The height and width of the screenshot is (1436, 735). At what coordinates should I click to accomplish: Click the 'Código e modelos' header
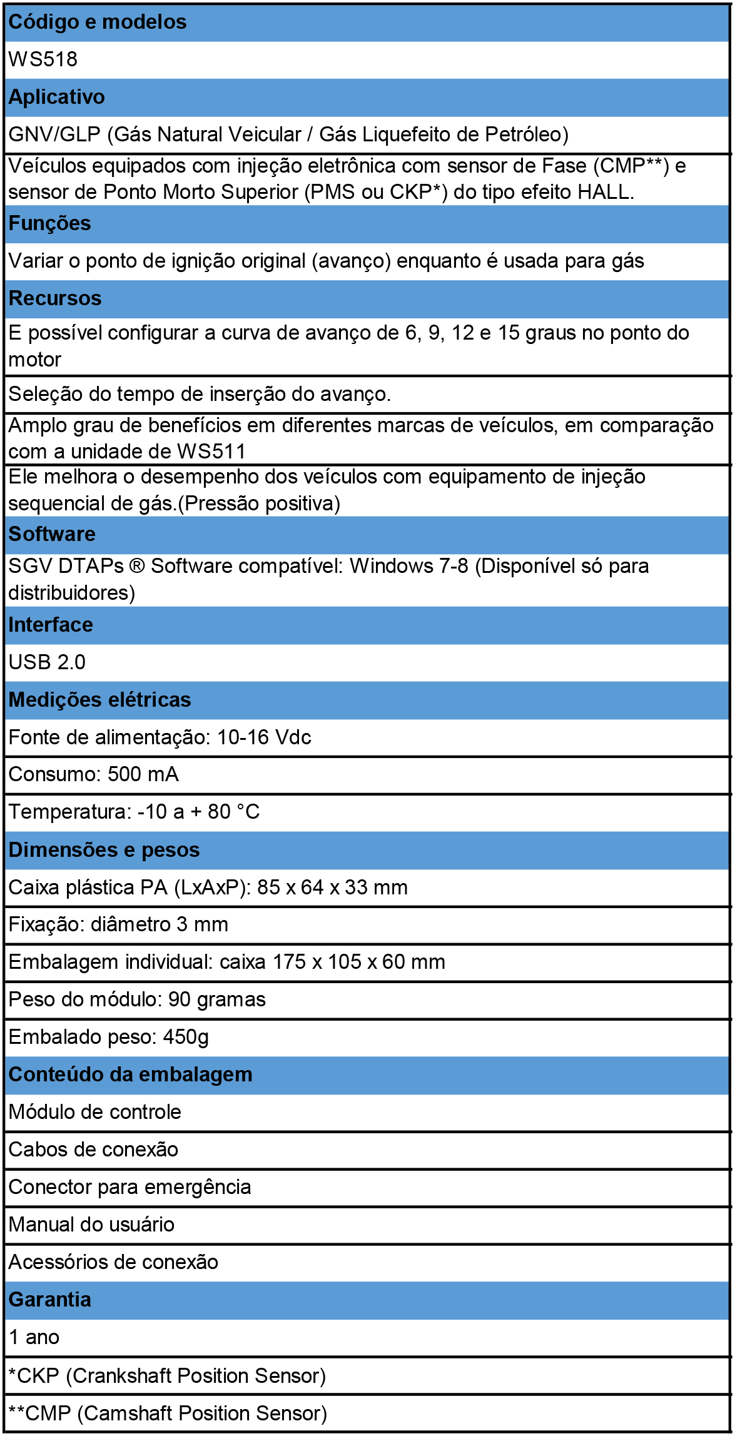(x=98, y=23)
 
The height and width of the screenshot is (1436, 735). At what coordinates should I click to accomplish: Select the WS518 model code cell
(x=43, y=59)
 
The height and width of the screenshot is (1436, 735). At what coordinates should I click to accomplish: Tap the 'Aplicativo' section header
(x=56, y=98)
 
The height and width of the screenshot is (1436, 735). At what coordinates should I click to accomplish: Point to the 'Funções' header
(x=49, y=223)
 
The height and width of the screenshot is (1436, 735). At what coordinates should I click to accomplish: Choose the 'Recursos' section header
(x=55, y=298)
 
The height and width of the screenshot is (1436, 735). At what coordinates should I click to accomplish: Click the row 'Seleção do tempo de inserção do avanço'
(x=199, y=394)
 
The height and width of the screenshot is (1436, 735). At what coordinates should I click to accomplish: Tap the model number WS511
(x=211, y=452)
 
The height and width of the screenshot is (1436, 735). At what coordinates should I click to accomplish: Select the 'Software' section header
(x=52, y=534)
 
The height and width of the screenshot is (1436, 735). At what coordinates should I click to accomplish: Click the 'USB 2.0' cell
(x=47, y=662)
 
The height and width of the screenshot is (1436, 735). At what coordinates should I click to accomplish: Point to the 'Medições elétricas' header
(x=99, y=700)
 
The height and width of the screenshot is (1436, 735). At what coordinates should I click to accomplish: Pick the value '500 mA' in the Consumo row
(x=143, y=774)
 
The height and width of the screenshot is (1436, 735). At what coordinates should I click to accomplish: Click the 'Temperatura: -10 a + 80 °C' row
(x=134, y=812)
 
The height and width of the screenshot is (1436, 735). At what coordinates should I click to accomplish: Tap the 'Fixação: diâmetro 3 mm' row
(x=118, y=924)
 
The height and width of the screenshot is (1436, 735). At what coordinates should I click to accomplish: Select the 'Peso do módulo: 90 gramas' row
(x=137, y=999)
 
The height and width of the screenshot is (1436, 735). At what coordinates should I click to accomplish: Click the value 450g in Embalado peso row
(x=186, y=1037)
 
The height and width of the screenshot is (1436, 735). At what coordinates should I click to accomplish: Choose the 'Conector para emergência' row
(x=129, y=1187)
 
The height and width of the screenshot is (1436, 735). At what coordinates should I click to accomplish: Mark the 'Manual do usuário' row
(x=91, y=1225)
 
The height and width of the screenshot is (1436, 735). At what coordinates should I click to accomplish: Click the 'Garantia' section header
(x=50, y=1300)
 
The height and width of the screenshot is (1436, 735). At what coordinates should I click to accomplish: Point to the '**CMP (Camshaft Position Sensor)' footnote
(x=168, y=1413)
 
